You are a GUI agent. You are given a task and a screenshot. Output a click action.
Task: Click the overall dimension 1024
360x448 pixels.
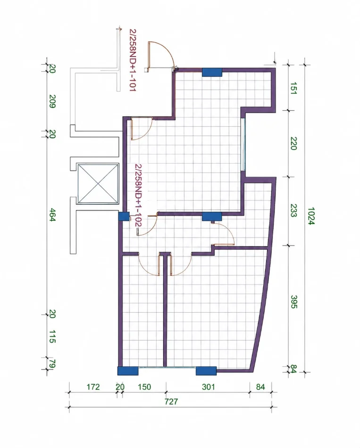click(311, 216)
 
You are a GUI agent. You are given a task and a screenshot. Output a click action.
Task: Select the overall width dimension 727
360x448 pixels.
click(171, 402)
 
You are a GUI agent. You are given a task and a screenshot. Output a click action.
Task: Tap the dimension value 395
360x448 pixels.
click(293, 302)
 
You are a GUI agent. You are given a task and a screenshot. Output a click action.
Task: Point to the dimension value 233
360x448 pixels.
click(293, 211)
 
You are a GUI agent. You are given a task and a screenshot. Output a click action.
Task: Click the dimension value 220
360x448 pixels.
click(293, 143)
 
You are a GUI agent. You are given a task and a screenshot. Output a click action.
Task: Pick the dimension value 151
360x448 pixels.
click(293, 88)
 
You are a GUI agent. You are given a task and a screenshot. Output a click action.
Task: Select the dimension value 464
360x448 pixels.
click(52, 215)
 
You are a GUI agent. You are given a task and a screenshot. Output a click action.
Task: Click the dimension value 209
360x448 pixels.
click(52, 101)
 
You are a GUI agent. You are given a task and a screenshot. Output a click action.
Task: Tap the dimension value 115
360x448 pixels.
click(52, 337)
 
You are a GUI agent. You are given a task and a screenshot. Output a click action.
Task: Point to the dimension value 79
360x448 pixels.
click(52, 364)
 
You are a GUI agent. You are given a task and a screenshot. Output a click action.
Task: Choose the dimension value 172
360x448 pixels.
click(93, 387)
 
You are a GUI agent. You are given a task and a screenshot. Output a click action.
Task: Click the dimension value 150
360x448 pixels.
click(144, 387)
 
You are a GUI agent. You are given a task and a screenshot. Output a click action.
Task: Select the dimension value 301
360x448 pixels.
click(209, 387)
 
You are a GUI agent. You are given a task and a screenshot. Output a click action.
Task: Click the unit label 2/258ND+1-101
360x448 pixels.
click(133, 60)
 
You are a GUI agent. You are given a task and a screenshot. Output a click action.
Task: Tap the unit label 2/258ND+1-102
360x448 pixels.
click(138, 195)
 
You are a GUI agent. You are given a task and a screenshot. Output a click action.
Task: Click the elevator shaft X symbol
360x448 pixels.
click(98, 183)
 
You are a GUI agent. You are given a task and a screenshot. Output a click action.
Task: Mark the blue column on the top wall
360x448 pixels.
click(212, 72)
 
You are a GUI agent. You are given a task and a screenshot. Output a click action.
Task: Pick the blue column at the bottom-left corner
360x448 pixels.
click(128, 371)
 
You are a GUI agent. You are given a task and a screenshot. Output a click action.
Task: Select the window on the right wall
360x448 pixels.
click(243, 144)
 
